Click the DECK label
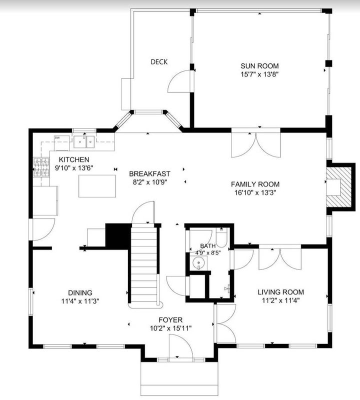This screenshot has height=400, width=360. (x=159, y=61)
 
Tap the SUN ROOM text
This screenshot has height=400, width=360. (x=259, y=66)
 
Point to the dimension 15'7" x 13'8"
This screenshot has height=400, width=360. (x=259, y=74)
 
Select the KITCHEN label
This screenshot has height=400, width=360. (x=74, y=159)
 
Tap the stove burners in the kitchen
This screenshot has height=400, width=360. (x=41, y=167)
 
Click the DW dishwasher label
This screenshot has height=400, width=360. (x=57, y=138)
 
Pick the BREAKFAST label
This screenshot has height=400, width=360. (x=149, y=173)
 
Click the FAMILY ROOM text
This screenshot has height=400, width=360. (x=255, y=184)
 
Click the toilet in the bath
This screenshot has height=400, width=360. (x=221, y=237)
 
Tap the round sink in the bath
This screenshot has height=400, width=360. (x=198, y=262)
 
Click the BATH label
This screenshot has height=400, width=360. (x=207, y=246)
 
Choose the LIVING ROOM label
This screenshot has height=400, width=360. (x=280, y=292)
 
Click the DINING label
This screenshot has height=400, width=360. (x=80, y=293)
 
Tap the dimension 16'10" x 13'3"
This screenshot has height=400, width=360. (x=255, y=192)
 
